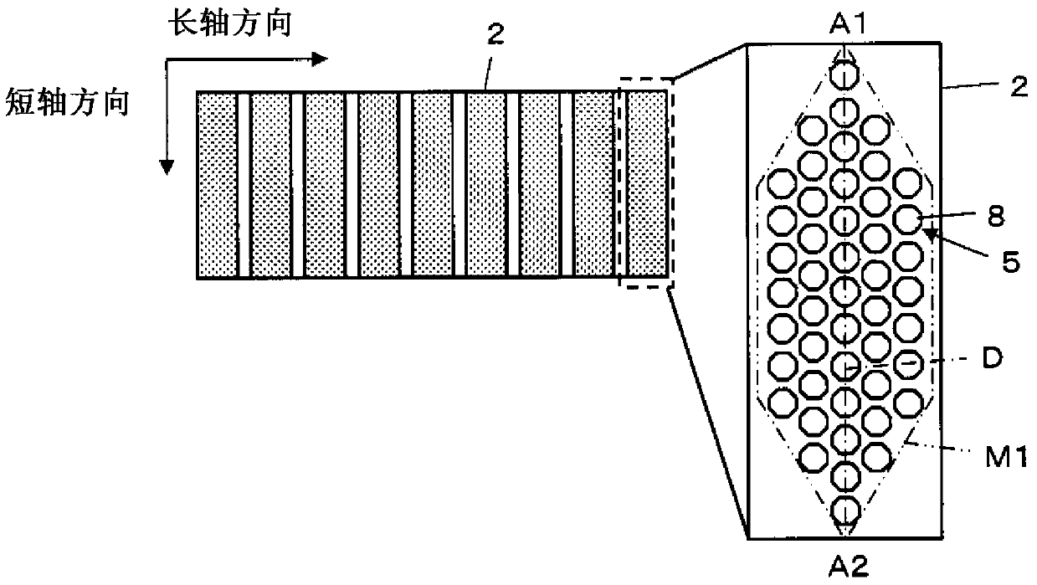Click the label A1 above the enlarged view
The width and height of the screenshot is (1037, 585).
click(847, 24)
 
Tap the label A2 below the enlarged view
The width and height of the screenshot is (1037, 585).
click(848, 565)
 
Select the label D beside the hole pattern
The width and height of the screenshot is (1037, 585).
click(992, 357)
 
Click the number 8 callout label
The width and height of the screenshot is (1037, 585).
click(996, 216)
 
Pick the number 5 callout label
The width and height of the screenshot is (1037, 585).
click(1010, 261)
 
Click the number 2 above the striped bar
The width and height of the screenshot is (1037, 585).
click(495, 34)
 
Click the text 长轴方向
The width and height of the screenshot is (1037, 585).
click(230, 23)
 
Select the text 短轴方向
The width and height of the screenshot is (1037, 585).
click(67, 102)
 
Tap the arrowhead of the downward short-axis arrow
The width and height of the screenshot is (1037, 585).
click(167, 167)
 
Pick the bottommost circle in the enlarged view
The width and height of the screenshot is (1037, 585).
click(845, 511)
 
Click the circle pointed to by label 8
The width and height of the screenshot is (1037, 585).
click(907, 219)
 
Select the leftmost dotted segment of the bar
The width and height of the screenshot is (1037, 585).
click(218, 185)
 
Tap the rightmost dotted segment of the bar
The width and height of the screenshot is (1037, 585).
click(647, 185)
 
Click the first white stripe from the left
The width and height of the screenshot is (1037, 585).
click(244, 185)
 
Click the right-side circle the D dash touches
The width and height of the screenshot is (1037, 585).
click(907, 365)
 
